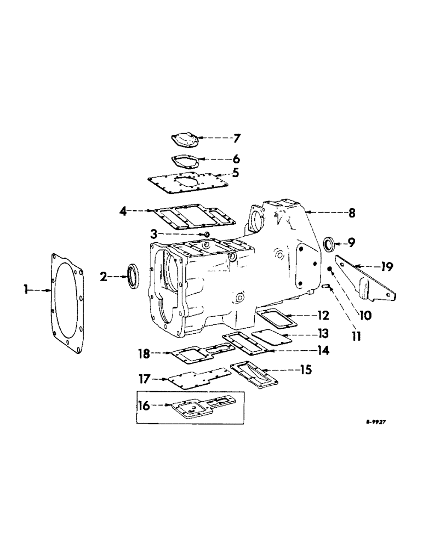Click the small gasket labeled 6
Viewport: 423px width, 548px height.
pos(183,160)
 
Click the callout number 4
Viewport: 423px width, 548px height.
pos(124,210)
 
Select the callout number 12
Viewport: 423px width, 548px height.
pos(322,316)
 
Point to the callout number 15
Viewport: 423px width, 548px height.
pos(304,370)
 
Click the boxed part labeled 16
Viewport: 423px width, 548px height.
pos(192,408)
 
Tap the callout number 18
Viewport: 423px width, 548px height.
pos(145,354)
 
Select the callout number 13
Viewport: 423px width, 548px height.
pos(322,334)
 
